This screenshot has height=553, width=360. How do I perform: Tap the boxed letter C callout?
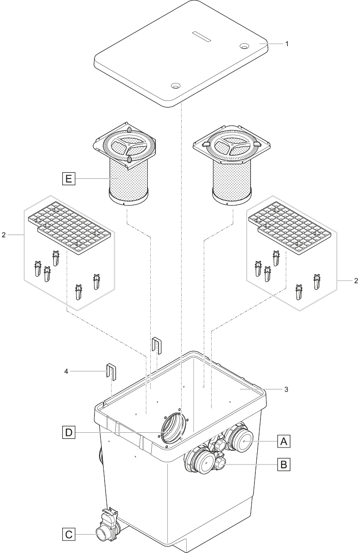68,535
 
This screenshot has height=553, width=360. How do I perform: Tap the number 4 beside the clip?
66,371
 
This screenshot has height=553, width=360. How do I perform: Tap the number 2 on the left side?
4,235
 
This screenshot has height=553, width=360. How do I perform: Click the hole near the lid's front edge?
175,86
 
